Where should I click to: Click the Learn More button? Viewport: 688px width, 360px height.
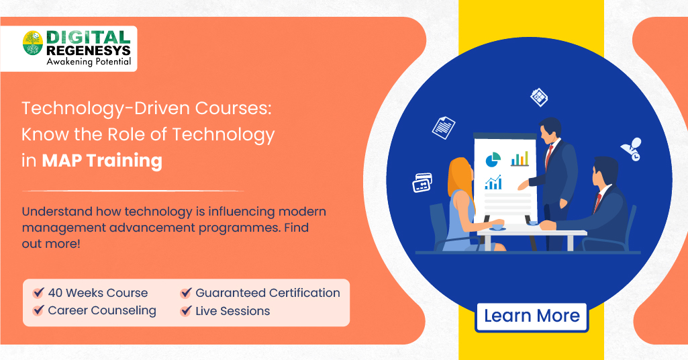point(532,316)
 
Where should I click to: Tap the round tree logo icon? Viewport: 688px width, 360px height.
point(33,43)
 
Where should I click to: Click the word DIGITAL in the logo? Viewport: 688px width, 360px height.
point(88,38)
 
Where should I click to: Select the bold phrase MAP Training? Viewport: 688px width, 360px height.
point(102,161)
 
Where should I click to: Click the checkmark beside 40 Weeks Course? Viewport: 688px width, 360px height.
point(39,292)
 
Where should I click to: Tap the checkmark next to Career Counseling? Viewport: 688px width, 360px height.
point(39,310)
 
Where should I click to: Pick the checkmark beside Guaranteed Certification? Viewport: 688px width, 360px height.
point(186,292)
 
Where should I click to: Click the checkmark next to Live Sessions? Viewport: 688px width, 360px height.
point(186,311)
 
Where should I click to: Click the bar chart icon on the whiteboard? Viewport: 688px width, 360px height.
point(520,159)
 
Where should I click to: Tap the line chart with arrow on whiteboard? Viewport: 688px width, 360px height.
point(493,182)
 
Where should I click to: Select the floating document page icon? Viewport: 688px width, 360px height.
point(444,128)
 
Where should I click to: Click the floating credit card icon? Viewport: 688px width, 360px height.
point(422,183)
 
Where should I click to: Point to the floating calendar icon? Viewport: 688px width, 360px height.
point(539,97)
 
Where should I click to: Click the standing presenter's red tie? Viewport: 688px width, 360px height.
point(548,156)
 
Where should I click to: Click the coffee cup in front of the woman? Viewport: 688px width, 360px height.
point(497,227)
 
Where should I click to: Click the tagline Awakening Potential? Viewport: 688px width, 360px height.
point(89,62)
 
